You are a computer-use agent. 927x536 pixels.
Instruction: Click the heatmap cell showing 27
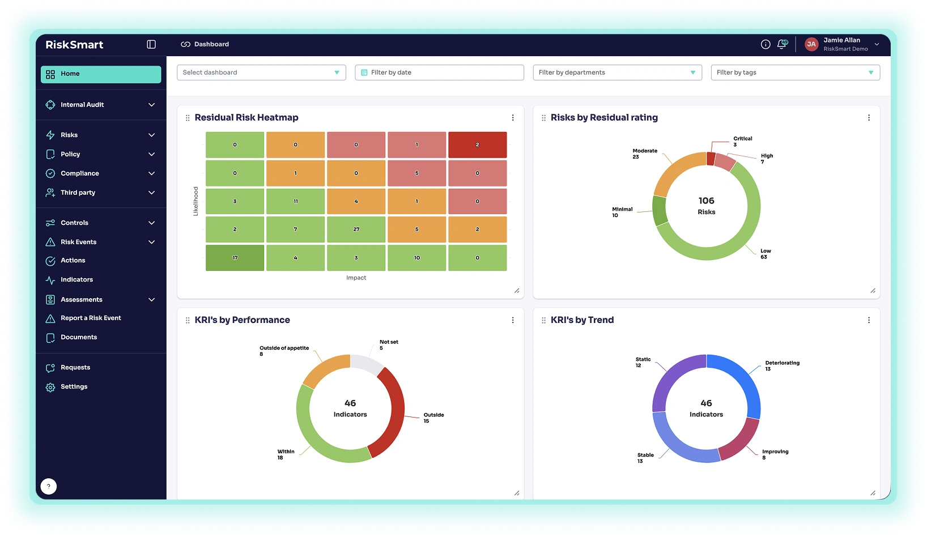tap(356, 229)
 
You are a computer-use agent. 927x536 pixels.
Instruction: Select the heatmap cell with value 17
tap(235, 258)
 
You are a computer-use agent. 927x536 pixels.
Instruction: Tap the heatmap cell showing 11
tap(295, 201)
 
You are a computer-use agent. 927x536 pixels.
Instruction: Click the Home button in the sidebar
tap(101, 74)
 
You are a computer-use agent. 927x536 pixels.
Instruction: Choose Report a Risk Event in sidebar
tap(91, 318)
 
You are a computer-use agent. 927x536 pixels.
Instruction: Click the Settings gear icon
tap(50, 387)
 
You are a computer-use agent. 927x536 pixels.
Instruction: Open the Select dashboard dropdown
tap(261, 73)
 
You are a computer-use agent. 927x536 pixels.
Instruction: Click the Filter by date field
tap(439, 73)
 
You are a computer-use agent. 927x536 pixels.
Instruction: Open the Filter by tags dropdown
tap(795, 73)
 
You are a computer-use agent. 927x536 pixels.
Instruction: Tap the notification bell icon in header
tap(782, 44)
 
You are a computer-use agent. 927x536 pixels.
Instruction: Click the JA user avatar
tap(811, 44)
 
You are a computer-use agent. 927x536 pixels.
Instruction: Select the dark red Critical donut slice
tap(711, 159)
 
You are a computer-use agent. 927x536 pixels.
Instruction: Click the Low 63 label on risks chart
tap(766, 254)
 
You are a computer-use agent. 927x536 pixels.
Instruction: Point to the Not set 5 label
tap(388, 344)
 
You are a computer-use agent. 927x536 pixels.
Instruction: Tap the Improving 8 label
tap(775, 454)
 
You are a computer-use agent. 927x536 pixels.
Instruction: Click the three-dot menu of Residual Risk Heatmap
tap(513, 118)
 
